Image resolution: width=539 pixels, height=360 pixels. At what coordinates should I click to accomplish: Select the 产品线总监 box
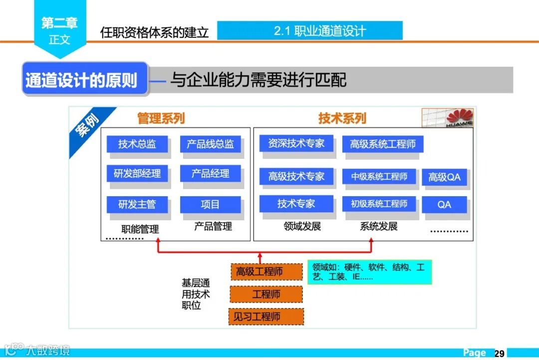210,144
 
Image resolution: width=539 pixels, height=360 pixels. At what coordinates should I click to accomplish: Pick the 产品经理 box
210,174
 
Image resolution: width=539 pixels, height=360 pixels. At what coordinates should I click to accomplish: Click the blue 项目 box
210,204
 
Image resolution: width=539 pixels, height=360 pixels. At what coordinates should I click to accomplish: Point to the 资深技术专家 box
296,144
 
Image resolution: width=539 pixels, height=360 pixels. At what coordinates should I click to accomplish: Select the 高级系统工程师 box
382,144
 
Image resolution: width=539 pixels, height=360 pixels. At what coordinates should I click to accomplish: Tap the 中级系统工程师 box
379,176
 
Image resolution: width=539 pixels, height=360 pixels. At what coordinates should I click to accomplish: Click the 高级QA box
444,177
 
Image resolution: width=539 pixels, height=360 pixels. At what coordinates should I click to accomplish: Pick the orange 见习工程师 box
267,317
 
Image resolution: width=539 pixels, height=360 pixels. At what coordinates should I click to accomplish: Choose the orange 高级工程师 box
267,272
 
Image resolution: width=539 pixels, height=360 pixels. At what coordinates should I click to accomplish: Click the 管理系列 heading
161,118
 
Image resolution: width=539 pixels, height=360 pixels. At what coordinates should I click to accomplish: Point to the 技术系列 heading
342,118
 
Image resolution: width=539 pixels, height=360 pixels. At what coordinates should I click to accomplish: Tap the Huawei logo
448,118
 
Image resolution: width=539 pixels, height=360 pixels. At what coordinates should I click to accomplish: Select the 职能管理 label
140,229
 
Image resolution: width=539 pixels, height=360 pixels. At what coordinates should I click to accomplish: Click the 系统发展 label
379,227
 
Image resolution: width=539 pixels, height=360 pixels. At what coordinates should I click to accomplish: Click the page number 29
499,353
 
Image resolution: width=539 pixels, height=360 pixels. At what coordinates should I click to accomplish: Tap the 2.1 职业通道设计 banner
309,31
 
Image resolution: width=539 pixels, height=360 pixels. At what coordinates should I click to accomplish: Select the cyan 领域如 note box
369,272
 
